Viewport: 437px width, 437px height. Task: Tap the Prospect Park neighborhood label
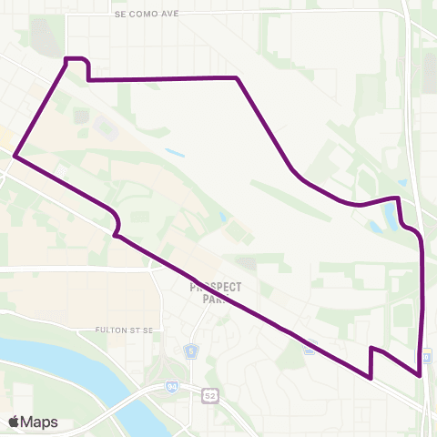click(216, 292)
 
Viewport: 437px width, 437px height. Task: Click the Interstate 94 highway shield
click(171, 387)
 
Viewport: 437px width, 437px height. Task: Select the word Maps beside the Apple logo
click(40, 422)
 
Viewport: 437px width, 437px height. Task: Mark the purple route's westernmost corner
click(15, 157)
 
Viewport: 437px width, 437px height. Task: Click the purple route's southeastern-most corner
click(420, 373)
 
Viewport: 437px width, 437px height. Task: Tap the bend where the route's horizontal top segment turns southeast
click(237, 78)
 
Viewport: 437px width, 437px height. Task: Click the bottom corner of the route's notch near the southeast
click(371, 377)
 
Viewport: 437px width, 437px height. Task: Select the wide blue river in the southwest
click(55, 360)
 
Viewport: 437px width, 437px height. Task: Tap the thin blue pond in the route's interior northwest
click(175, 152)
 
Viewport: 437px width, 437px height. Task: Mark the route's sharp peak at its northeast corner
click(398, 198)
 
